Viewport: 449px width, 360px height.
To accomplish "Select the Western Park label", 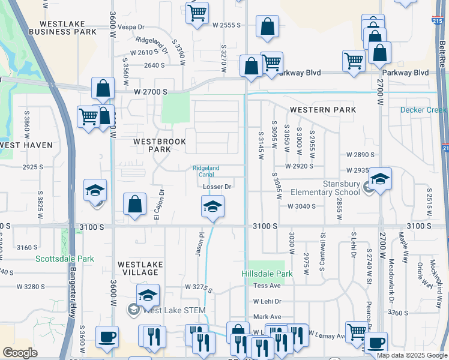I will tap(323, 110).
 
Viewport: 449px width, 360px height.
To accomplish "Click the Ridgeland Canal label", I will tap(206, 171).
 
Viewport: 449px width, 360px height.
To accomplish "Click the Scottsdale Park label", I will tap(65, 259).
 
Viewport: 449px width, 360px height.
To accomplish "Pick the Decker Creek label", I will tap(424, 110).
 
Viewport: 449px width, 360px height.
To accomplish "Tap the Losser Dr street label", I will tap(217, 187).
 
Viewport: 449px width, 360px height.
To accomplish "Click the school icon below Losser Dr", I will tap(212, 207).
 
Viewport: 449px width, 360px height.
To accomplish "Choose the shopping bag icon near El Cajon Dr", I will tap(135, 203).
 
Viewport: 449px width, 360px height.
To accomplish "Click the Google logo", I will tap(20, 352).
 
